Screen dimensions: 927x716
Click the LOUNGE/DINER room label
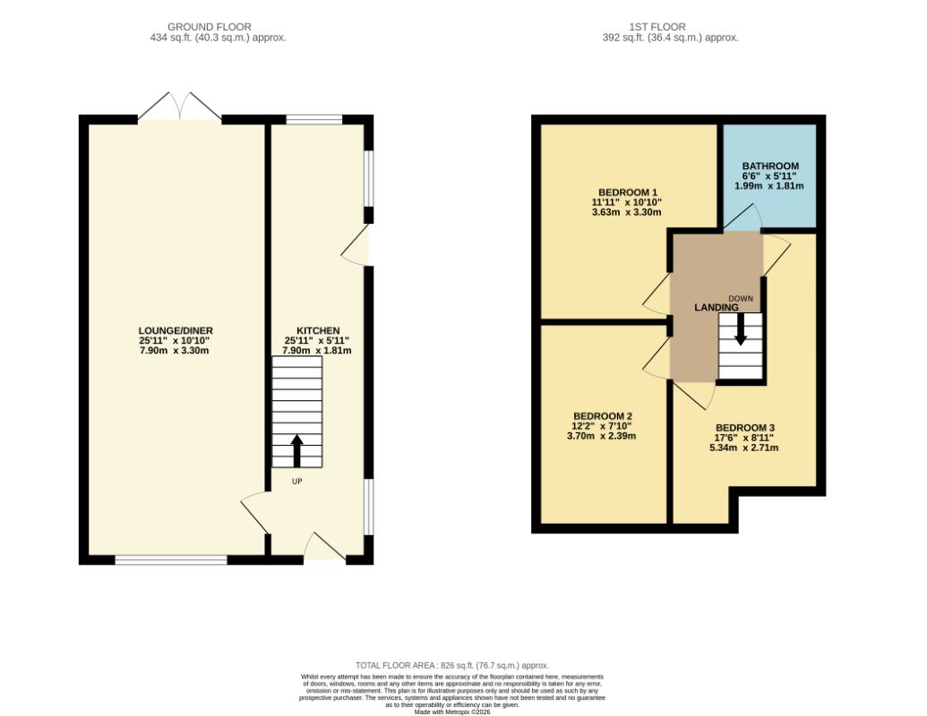pos(176,331)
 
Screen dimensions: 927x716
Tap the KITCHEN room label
pos(318,331)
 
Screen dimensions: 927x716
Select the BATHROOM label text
pos(770,166)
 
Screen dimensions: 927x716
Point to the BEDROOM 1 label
pos(627,192)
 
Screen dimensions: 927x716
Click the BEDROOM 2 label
pos(603,416)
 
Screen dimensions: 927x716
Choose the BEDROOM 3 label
pos(745,428)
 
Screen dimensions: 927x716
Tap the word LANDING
pos(716,307)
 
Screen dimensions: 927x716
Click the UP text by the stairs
pos(296,482)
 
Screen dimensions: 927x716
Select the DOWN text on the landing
pos(741,298)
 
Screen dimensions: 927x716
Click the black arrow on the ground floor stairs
pos(296,451)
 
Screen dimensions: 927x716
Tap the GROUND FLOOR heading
pos(210,27)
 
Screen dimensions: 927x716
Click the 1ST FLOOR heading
pos(657,27)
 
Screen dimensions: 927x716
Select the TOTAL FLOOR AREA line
pos(452,665)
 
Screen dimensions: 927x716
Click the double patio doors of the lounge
pos(180,107)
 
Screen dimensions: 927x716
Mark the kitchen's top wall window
pos(314,119)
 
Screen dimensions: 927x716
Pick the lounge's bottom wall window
pos(171,559)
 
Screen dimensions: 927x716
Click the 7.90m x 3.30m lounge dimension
pos(175,350)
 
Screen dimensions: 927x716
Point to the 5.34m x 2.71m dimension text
pos(743,447)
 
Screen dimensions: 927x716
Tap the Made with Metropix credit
pos(452,712)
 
